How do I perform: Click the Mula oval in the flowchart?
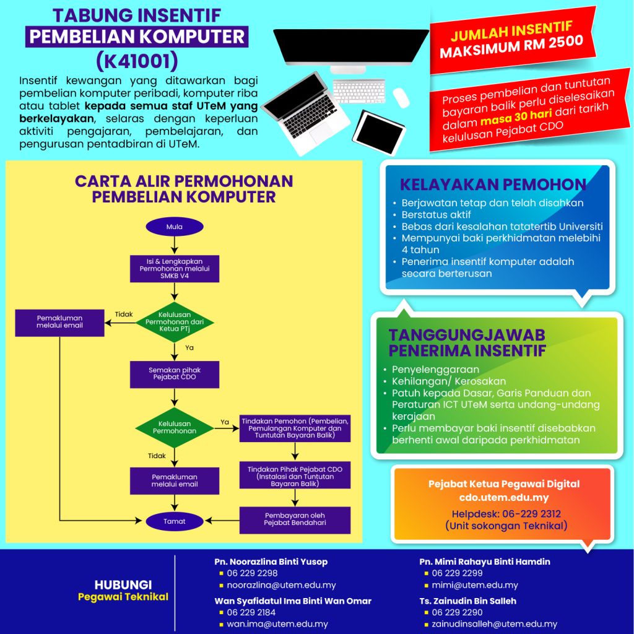pyautogui.click(x=175, y=227)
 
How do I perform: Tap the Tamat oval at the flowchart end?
pyautogui.click(x=175, y=521)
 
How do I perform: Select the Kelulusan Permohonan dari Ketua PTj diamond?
pyautogui.click(x=175, y=322)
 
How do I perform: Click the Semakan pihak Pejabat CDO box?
pyautogui.click(x=175, y=373)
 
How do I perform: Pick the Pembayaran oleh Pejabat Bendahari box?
pyautogui.click(x=295, y=519)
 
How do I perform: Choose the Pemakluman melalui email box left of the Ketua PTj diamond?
pyautogui.click(x=59, y=322)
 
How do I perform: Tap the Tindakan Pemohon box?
pyautogui.click(x=295, y=428)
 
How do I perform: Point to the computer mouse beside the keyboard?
pyautogui.click(x=401, y=97)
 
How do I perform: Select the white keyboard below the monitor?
pyautogui.click(x=359, y=90)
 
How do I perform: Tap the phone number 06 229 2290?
pyautogui.click(x=457, y=612)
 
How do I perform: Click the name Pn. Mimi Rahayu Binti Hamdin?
pyautogui.click(x=485, y=562)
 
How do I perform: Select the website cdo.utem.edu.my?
pyautogui.click(x=504, y=497)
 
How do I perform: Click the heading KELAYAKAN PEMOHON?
pyautogui.click(x=493, y=185)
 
